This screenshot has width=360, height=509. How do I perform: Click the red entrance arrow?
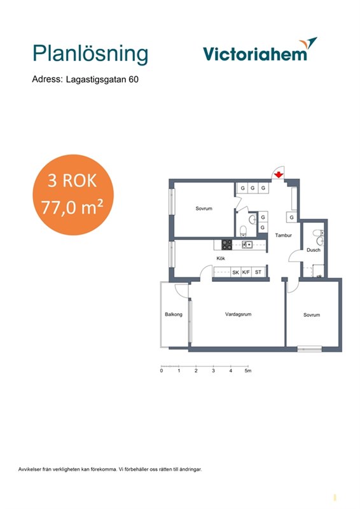(279, 175)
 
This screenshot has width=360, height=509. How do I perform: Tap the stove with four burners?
(227, 244)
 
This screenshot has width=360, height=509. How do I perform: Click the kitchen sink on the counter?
(247, 244)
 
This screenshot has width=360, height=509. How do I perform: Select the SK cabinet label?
(236, 272)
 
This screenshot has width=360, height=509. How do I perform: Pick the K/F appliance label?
(246, 272)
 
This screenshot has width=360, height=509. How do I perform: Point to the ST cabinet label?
(258, 272)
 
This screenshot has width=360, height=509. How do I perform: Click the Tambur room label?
(284, 235)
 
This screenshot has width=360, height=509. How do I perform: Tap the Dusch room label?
(314, 250)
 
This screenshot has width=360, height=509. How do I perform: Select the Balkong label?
(174, 314)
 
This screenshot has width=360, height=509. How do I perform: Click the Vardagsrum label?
(239, 314)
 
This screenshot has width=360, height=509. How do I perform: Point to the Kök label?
(221, 258)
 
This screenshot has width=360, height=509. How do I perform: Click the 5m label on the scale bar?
(248, 370)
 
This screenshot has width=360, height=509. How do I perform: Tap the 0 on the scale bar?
(162, 370)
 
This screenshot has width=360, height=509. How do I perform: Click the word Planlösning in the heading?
(90, 54)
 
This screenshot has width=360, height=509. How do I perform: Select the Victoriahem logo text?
(255, 54)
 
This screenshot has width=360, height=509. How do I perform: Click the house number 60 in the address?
(134, 80)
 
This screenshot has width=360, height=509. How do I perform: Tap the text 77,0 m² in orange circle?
(72, 207)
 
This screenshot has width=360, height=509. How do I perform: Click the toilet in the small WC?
(244, 231)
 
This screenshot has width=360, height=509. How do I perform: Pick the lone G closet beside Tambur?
(291, 217)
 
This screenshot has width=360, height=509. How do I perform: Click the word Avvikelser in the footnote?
(30, 469)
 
